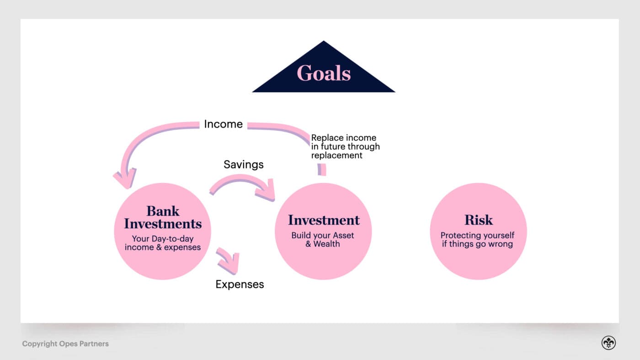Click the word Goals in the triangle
coord(324,73)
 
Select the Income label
coord(223,124)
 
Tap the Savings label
coord(243,164)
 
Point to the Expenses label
coord(240,284)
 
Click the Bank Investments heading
coord(163,217)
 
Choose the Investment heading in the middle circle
coord(324,220)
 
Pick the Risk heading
coord(478,220)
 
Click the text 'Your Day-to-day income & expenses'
coord(163,243)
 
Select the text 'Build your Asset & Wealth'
coord(323,239)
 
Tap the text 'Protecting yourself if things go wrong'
coord(477,239)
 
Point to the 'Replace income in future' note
coord(345,146)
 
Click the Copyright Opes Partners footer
coord(65,344)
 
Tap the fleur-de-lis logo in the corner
coord(608,343)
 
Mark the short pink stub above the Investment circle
coord(322,169)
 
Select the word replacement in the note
coord(336,155)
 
